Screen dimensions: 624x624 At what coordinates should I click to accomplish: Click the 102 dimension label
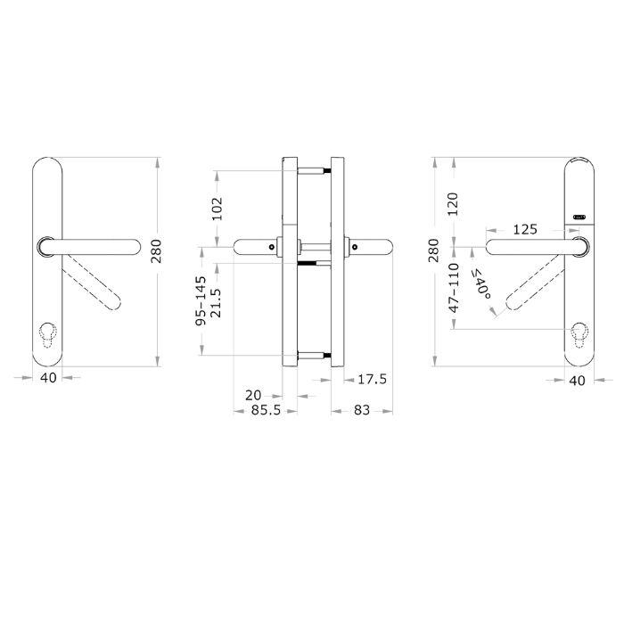click(x=215, y=208)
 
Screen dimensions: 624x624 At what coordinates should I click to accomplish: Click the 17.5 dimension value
click(x=372, y=379)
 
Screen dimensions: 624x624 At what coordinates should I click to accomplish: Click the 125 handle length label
click(x=525, y=229)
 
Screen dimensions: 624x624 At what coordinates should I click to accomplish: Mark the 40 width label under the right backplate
click(x=577, y=380)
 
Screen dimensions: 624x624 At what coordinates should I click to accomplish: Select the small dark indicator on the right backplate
click(x=579, y=216)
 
